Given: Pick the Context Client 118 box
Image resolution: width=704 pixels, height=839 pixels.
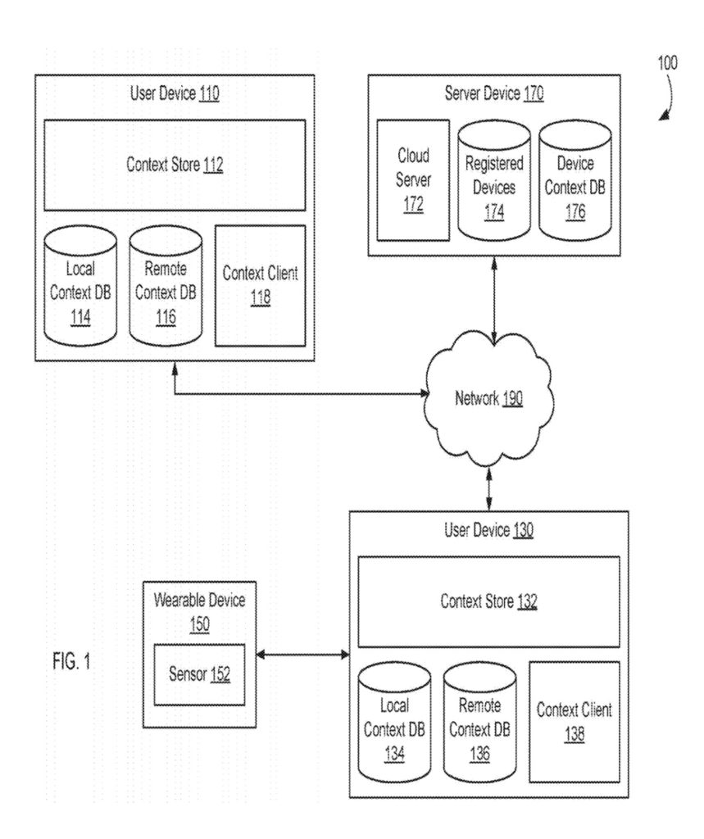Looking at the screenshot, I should click(260, 286).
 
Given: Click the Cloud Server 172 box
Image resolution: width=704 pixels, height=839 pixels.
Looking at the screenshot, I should click(413, 180).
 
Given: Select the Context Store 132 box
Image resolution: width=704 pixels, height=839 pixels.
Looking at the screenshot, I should click(488, 601).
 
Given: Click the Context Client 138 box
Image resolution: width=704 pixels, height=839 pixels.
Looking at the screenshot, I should click(574, 722).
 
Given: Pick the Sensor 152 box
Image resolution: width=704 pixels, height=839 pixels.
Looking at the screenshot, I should click(200, 674).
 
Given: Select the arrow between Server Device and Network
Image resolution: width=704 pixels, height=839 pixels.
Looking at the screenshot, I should click(494, 298).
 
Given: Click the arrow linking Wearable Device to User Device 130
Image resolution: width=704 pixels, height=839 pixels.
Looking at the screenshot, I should click(302, 655).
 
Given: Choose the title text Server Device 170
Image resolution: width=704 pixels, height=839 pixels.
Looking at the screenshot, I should click(494, 93).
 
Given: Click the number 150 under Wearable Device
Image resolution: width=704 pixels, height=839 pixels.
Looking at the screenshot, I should click(199, 625).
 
